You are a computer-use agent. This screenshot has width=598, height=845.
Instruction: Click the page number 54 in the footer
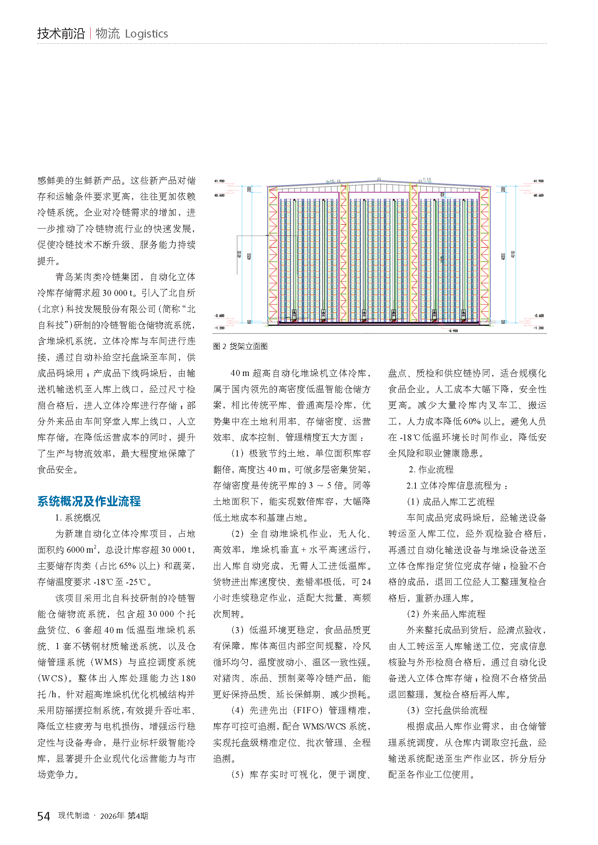tap(43, 816)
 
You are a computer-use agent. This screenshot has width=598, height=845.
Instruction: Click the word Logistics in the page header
tap(146, 34)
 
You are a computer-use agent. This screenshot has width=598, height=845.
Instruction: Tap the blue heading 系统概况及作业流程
tap(89, 501)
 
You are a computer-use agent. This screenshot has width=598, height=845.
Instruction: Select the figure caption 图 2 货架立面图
tap(240, 347)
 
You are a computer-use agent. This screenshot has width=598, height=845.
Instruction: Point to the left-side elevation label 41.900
tap(219, 181)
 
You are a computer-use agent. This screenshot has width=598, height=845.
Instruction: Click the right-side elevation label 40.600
tap(538, 196)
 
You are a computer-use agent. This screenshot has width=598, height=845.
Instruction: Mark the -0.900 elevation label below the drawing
tap(453, 331)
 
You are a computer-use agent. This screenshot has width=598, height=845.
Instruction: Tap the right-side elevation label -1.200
tap(538, 328)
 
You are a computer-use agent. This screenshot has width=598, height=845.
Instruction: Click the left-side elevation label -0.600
tap(219, 316)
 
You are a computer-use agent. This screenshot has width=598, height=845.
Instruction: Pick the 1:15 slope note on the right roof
tap(427, 179)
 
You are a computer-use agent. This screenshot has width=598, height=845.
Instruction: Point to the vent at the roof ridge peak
tap(379, 179)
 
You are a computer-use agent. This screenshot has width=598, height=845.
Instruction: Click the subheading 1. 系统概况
tap(78, 518)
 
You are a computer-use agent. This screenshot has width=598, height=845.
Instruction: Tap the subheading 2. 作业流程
tap(431, 469)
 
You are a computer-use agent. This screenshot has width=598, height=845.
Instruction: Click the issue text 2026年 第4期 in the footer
tap(124, 816)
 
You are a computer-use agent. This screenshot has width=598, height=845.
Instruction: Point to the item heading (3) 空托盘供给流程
tap(447, 710)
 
